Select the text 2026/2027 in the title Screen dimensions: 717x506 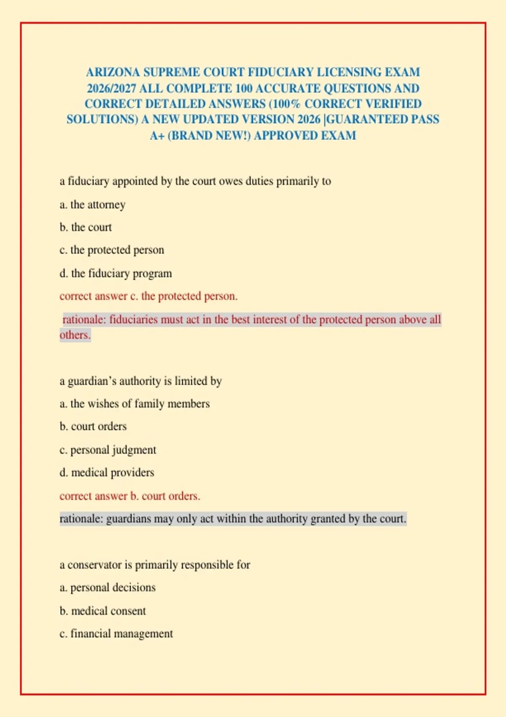point(111,88)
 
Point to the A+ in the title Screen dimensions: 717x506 point(157,135)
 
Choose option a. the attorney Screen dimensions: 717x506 point(92,205)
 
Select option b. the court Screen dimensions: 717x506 point(86,227)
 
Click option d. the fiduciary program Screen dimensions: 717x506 point(116,273)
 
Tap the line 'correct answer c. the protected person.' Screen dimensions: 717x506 point(148,296)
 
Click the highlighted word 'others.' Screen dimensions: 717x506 point(75,335)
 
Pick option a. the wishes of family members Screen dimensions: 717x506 point(135,404)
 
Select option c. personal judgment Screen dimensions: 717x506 point(108,450)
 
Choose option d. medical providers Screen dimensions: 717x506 point(107,472)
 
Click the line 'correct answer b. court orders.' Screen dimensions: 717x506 point(130,496)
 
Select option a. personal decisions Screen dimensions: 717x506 point(108,588)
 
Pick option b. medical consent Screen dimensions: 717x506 point(102,611)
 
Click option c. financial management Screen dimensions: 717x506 point(116,633)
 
